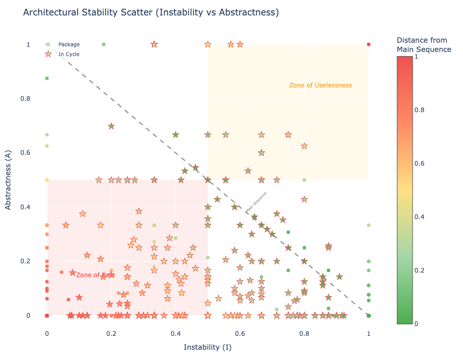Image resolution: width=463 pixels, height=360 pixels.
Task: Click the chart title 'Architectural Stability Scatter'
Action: point(151,12)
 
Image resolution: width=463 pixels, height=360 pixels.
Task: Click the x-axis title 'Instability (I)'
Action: point(207,347)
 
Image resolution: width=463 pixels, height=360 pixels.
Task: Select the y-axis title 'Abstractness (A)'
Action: point(8,179)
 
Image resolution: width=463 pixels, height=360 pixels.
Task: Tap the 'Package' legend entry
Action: point(69,45)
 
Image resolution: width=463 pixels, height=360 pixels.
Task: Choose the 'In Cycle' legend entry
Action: point(69,54)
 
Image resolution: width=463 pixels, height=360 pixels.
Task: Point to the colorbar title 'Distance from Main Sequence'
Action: point(424,45)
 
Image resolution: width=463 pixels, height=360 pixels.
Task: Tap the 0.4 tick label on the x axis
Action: point(175,333)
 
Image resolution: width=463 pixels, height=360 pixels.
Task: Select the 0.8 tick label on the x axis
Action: point(304,333)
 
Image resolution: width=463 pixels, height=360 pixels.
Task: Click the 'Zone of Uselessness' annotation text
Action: point(320,85)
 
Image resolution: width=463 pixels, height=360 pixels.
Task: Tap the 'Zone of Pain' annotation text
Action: point(95,275)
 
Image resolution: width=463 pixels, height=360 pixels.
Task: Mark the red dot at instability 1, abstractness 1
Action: point(368,45)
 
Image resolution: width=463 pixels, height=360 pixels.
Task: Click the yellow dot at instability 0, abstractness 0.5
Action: point(47,180)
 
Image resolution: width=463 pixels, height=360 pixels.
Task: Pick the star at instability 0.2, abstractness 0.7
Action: point(111,126)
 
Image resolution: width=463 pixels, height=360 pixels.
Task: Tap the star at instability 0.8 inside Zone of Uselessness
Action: point(304,146)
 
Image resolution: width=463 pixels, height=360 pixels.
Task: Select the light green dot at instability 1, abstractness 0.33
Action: point(368,225)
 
